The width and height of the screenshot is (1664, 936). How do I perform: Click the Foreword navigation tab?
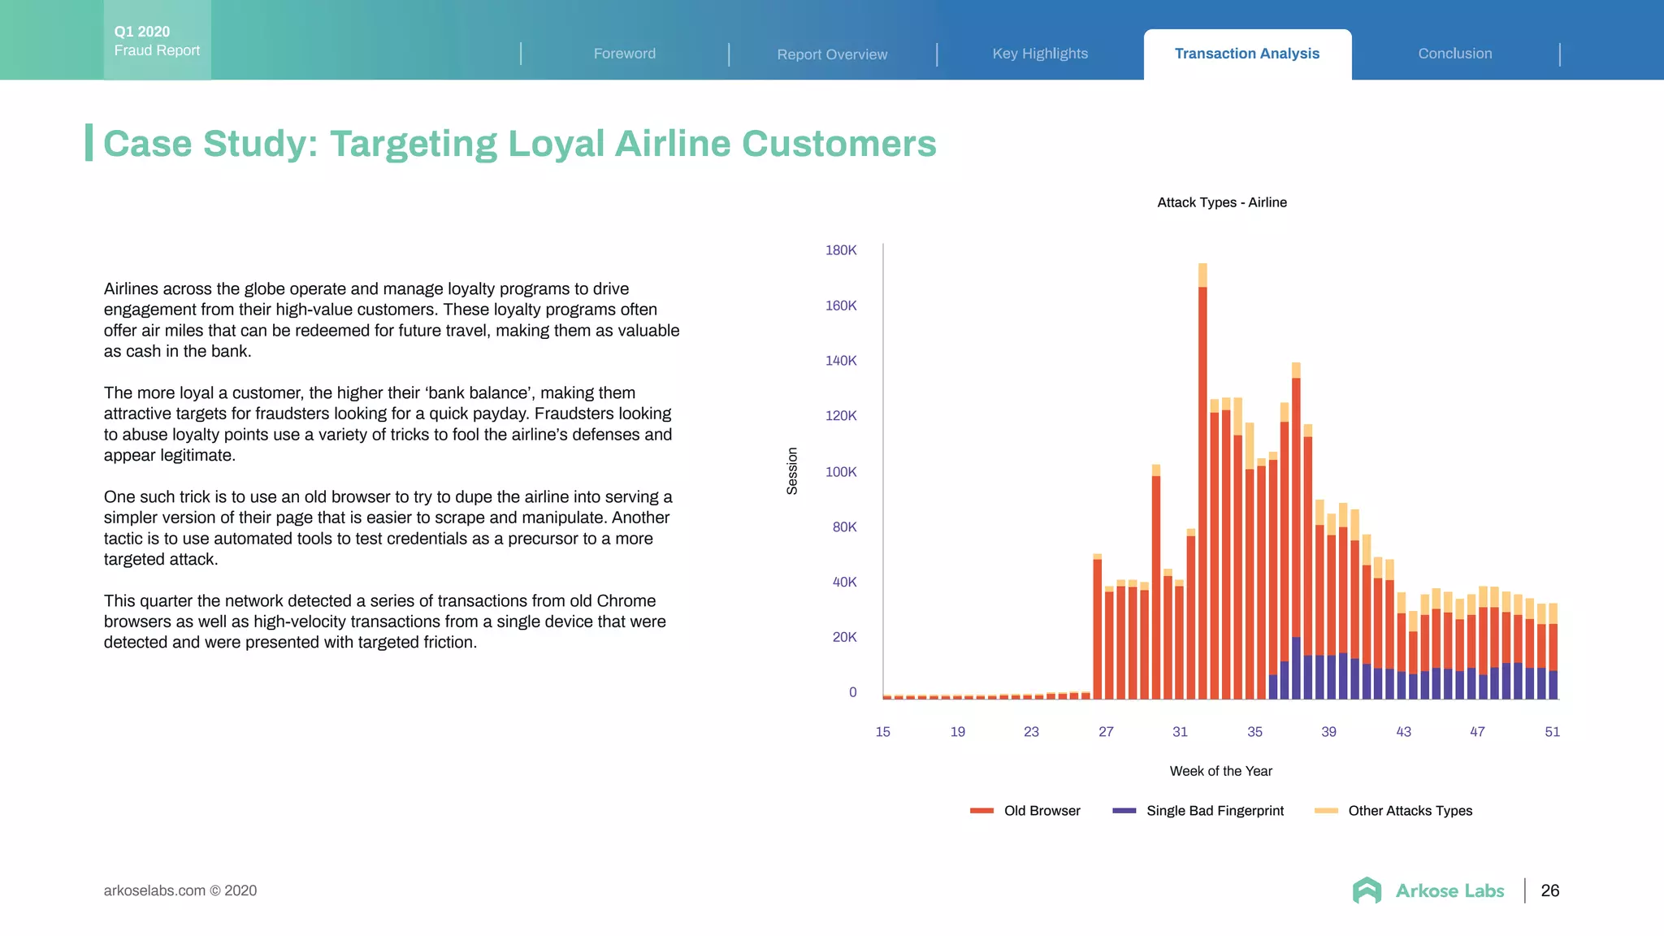coord(624,54)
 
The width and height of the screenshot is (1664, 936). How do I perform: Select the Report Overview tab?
coord(832,54)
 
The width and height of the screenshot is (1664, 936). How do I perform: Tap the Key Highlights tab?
coord(1040,54)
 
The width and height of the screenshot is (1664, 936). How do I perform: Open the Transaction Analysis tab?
coord(1247,54)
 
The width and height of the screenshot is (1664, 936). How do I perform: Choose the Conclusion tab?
coord(1455,54)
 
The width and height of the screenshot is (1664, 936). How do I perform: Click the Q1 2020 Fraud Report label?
coord(157,41)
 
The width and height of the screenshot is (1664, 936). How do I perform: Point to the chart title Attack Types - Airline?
coord(1221,202)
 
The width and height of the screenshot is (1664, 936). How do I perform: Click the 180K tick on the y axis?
coord(841,250)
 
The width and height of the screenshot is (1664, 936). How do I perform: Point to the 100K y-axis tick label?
coord(841,472)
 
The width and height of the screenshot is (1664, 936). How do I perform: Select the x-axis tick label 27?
coord(1106,732)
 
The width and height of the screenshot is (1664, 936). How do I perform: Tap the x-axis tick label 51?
coord(1552,732)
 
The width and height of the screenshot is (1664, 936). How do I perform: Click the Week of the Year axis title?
coord(1220,771)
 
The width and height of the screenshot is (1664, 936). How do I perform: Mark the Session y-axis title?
coord(792,471)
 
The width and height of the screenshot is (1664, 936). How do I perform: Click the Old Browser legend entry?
coord(1025,811)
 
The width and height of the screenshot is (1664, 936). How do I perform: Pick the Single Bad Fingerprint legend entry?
coord(1198,811)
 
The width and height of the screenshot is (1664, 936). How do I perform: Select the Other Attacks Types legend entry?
coord(1393,811)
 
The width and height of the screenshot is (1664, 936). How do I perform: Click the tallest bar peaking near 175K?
coord(1202,487)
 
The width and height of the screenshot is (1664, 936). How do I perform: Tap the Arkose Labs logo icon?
coord(1367,890)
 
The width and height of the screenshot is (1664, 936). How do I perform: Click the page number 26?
coord(1549,890)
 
